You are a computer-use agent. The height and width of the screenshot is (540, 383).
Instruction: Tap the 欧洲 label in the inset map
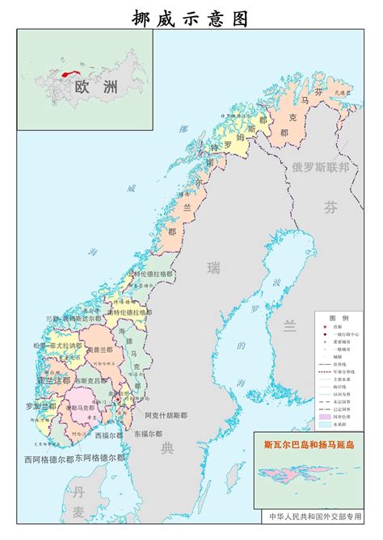pos(91,87)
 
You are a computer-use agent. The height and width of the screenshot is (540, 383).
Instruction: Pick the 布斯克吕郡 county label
pos(90,380)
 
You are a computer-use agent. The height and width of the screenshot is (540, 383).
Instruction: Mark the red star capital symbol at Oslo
pos(117,398)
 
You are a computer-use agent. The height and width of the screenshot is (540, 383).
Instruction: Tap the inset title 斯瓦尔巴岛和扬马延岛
pos(309,444)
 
